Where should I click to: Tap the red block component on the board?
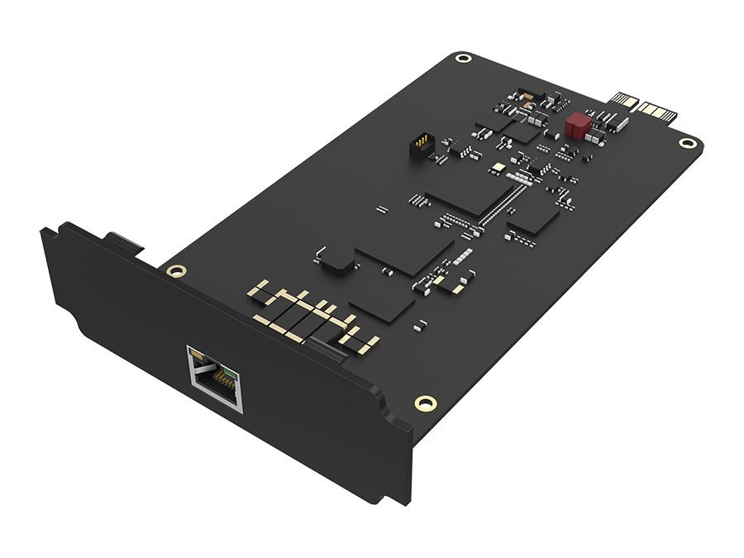[577, 125]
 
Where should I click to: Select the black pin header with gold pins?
[420, 147]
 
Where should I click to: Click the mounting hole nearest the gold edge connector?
[686, 143]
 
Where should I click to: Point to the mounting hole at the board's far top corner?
[465, 59]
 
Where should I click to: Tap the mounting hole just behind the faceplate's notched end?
[174, 270]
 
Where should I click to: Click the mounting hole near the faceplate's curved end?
[424, 403]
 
